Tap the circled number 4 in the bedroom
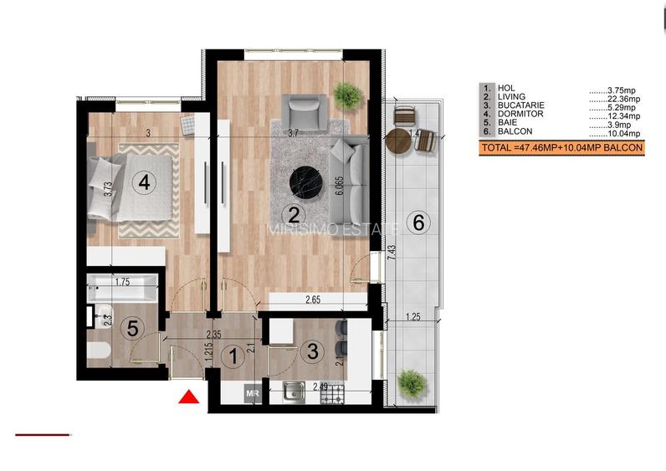[x=145, y=182]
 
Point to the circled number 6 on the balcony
[x=419, y=223]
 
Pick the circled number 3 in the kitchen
[x=311, y=352]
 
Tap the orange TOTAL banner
[x=561, y=148]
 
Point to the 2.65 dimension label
[x=314, y=299]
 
